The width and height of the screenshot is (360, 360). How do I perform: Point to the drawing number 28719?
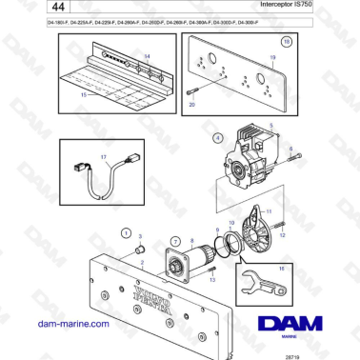coord(334,353)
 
